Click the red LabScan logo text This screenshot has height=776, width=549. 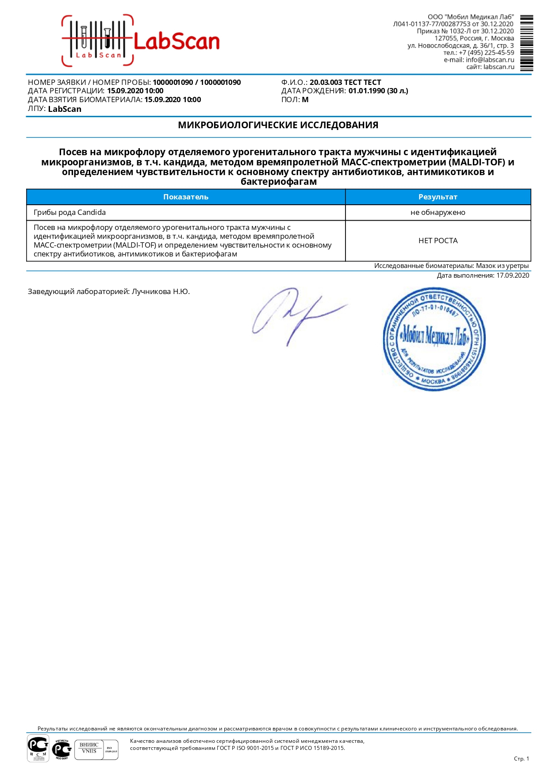coord(176,42)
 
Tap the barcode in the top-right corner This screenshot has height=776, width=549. coord(526,43)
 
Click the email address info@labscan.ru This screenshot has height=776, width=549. coord(490,60)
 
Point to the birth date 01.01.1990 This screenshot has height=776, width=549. coord(367,91)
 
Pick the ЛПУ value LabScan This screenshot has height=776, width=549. coord(65,109)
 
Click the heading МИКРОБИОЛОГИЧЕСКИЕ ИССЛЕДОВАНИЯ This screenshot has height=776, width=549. coord(278,125)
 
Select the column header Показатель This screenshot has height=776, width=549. coord(186,197)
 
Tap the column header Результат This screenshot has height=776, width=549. coord(438,197)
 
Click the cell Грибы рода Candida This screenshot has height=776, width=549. coord(70,213)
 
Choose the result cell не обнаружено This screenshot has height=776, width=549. coord(438,213)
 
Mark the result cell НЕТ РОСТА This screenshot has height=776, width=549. coord(438,241)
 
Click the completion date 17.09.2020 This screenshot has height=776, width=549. coord(512,275)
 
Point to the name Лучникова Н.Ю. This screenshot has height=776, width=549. coord(161,292)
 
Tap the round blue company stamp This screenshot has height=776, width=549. coord(434,340)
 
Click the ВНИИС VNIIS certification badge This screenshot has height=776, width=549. coord(89,749)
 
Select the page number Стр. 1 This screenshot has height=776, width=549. coord(521,759)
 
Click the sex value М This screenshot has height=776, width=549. coord(305,100)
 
